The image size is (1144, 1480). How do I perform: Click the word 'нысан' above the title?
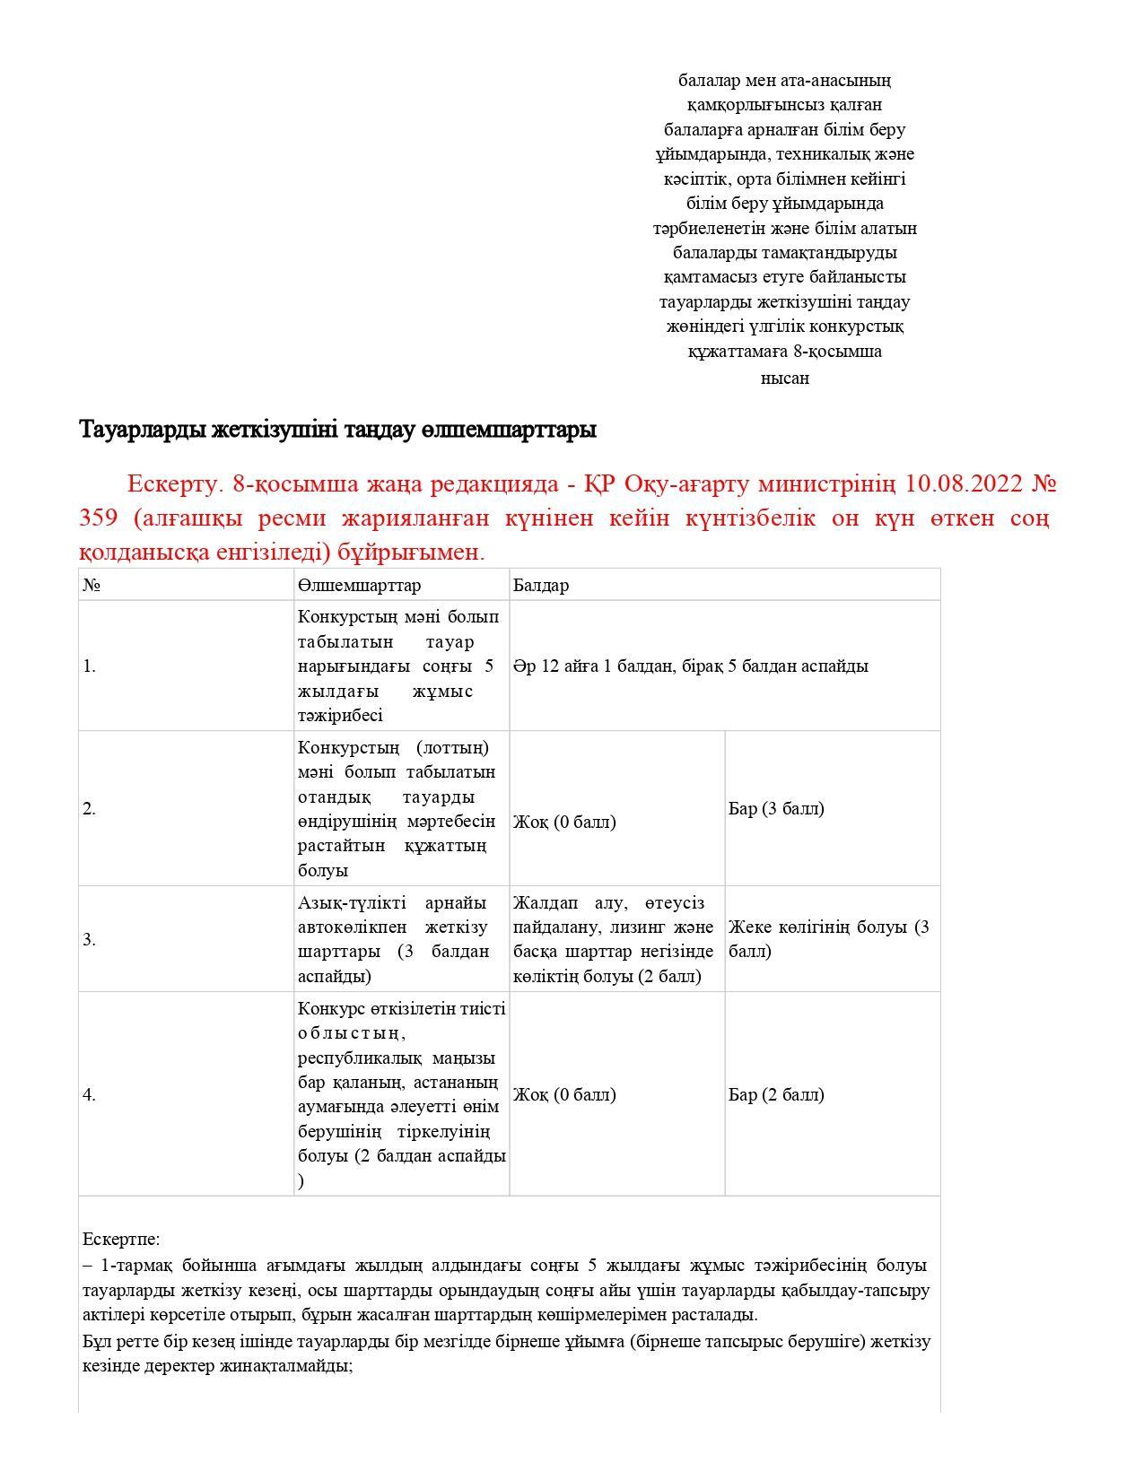tap(784, 378)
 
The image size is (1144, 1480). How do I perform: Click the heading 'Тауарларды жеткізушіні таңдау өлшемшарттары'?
tap(337, 430)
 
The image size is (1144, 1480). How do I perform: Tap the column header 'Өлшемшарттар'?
tap(359, 585)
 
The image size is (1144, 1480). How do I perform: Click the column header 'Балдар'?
tap(541, 585)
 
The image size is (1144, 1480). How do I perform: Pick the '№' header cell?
tap(91, 585)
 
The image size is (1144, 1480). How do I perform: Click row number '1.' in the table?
tap(89, 666)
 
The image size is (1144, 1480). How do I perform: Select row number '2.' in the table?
tap(89, 808)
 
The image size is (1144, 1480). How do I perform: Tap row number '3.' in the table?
tap(89, 939)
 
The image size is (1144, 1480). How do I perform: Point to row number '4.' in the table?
tap(89, 1093)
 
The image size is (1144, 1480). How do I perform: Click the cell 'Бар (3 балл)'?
tap(776, 808)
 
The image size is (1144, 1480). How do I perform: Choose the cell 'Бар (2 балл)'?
tap(776, 1093)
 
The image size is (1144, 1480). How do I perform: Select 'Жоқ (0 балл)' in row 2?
tap(564, 822)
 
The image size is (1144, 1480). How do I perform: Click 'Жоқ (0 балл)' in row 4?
tap(564, 1093)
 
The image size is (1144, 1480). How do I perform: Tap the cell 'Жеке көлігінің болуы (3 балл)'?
tap(828, 938)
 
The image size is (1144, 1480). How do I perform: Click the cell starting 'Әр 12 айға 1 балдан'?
tap(690, 666)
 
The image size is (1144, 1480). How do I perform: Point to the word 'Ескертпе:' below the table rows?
tap(121, 1239)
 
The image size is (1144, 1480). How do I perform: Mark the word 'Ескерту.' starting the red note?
tap(174, 484)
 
